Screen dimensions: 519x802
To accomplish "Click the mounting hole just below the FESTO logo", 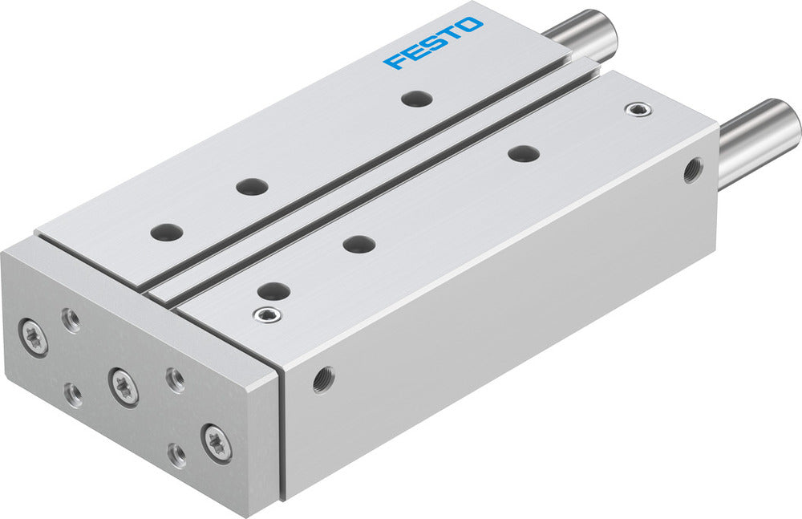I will pyautogui.click(x=416, y=99).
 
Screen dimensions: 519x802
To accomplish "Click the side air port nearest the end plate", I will pyautogui.click(x=324, y=375).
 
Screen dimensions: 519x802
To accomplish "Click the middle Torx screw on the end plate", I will pyautogui.click(x=124, y=386).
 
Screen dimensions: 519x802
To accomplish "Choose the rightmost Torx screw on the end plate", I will pyautogui.click(x=217, y=442).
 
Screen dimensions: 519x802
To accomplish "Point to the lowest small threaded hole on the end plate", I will pyautogui.click(x=176, y=455).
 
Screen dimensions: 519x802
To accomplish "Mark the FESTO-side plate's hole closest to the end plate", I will pyautogui.click(x=167, y=233).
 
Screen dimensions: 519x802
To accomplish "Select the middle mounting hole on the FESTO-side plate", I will pyautogui.click(x=253, y=186).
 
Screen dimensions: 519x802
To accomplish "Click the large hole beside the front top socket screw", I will pyautogui.click(x=273, y=290).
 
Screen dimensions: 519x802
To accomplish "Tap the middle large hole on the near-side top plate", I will pyautogui.click(x=358, y=243).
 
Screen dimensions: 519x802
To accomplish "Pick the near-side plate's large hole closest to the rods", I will pyautogui.click(x=522, y=152).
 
